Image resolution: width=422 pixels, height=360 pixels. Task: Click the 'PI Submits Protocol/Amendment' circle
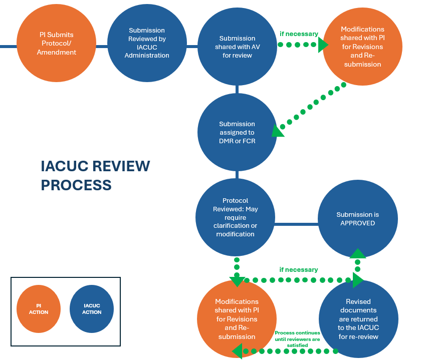[56, 44]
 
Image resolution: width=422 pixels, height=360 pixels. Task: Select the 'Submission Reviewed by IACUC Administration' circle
[147, 44]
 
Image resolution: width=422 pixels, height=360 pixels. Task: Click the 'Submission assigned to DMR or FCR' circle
[237, 132]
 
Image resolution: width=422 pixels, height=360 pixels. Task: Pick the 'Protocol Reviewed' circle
[235, 217]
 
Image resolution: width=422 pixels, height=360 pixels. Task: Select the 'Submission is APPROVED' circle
[357, 219]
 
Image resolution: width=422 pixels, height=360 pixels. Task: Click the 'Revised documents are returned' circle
[358, 318]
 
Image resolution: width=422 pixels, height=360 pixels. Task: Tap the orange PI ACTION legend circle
[39, 309]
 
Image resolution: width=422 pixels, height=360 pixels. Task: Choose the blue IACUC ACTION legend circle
[92, 309]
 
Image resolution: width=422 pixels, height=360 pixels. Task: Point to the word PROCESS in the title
[76, 185]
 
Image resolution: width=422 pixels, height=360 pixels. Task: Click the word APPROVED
[357, 223]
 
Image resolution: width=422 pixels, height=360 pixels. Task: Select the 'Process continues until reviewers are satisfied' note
[297, 338]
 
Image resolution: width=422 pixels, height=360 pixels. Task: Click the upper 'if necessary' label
[299, 34]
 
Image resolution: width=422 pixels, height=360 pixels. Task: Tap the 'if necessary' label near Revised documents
[299, 269]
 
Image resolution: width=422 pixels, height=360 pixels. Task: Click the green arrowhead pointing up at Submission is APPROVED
[358, 253]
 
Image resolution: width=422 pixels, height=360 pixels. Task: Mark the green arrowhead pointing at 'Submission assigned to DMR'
[277, 131]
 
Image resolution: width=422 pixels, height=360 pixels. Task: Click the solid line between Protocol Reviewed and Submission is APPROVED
[296, 224]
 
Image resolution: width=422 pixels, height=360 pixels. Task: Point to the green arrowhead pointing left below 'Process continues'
[237, 350]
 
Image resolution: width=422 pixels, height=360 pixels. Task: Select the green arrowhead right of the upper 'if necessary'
[323, 45]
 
